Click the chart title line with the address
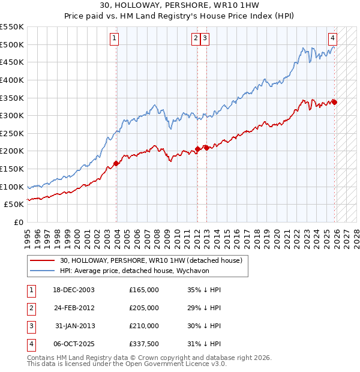point(179,6)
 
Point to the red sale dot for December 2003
point(116,163)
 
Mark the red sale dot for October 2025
point(334,102)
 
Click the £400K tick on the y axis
point(12,80)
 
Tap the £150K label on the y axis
point(12,169)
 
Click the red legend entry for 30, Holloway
point(151,260)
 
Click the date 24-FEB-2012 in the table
point(74,308)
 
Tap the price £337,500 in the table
point(144,344)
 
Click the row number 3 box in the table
point(31,326)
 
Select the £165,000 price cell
point(144,290)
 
